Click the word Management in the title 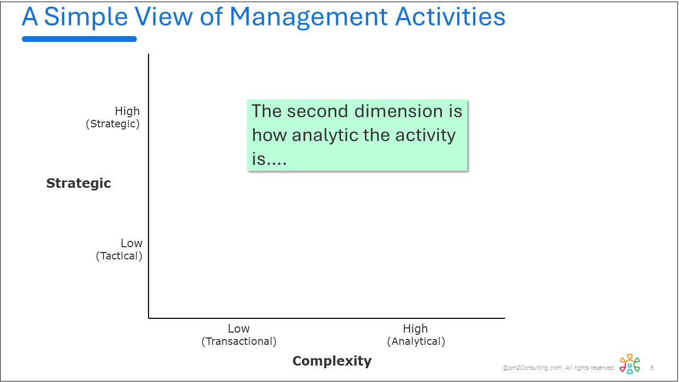(x=308, y=18)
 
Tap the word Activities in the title (x=450, y=16)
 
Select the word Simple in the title (x=86, y=18)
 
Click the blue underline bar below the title (x=79, y=39)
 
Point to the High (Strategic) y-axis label (x=113, y=117)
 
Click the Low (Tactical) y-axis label (x=119, y=249)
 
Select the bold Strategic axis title (x=79, y=184)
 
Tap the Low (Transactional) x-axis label (x=239, y=335)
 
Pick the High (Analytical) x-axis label (x=416, y=335)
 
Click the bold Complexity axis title (x=332, y=361)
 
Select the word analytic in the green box (x=324, y=135)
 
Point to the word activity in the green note (x=425, y=135)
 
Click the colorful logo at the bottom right (x=630, y=363)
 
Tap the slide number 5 (x=652, y=368)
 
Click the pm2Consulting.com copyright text (x=559, y=368)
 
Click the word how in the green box (x=269, y=135)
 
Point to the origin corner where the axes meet (x=149, y=318)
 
